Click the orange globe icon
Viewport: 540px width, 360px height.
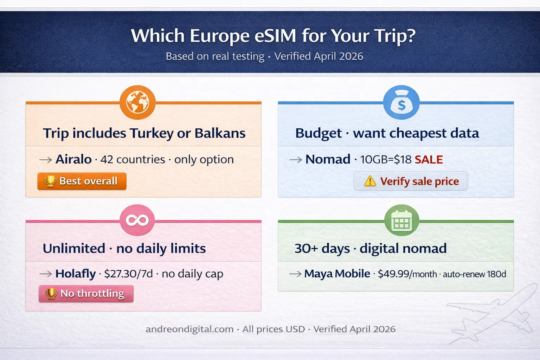pos(137,102)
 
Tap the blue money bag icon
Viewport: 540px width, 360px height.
pos(401,103)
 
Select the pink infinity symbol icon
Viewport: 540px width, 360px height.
pos(137,220)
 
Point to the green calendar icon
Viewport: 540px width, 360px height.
pos(401,220)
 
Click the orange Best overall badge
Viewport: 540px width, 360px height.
pos(82,181)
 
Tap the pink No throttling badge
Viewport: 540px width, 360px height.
pos(86,294)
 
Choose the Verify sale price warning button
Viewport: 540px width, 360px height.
pos(411,181)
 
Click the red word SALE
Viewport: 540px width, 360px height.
pos(429,160)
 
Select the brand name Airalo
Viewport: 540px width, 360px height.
pos(73,159)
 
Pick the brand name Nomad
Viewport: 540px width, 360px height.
pos(328,159)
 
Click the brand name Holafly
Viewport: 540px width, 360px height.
pos(75,274)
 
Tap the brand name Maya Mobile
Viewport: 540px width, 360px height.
pos(337,274)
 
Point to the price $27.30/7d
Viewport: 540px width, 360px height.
pos(128,274)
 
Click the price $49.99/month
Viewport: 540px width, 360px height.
pos(407,274)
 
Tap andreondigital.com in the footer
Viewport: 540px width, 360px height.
pos(189,329)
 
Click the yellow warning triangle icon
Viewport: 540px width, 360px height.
pos(370,181)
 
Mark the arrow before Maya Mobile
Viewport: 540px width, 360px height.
pos(295,274)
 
